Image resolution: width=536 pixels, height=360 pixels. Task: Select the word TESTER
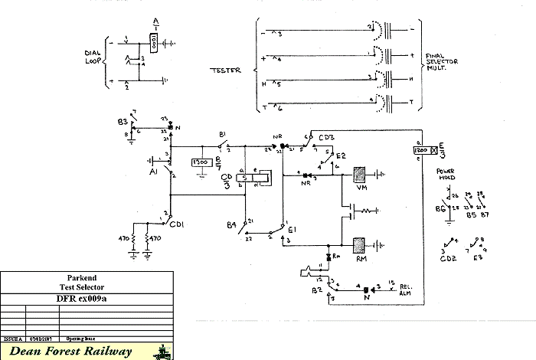pyautogui.click(x=225, y=70)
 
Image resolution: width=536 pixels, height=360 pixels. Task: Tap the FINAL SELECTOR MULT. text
pyautogui.click(x=441, y=62)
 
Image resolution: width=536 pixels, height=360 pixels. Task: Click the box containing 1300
pyautogui.click(x=202, y=163)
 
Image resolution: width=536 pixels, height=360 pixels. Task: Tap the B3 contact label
pyautogui.click(x=123, y=122)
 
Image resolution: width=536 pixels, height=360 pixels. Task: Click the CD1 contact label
pyautogui.click(x=177, y=224)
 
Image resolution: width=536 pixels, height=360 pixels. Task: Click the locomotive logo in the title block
pyautogui.click(x=164, y=352)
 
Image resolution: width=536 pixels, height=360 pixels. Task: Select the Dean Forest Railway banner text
pyautogui.click(x=78, y=352)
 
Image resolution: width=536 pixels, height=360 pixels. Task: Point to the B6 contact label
pyautogui.click(x=440, y=208)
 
